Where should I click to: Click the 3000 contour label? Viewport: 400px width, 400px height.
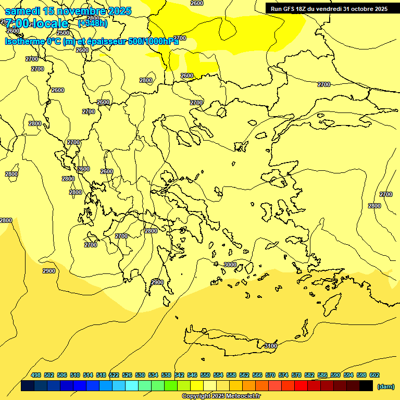click(230, 265)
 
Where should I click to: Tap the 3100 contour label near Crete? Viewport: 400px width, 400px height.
click(271, 346)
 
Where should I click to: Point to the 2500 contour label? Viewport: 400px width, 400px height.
click(63, 33)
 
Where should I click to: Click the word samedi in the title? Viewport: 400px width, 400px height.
click(22, 11)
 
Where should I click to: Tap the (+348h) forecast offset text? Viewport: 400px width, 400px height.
click(92, 23)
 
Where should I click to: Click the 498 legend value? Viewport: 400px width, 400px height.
click(36, 375)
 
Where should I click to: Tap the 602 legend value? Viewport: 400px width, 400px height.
click(374, 375)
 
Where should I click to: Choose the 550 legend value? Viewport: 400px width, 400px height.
click(205, 375)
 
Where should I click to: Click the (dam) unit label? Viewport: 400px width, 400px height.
click(385, 386)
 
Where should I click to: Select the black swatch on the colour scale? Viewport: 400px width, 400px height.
click(366, 386)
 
